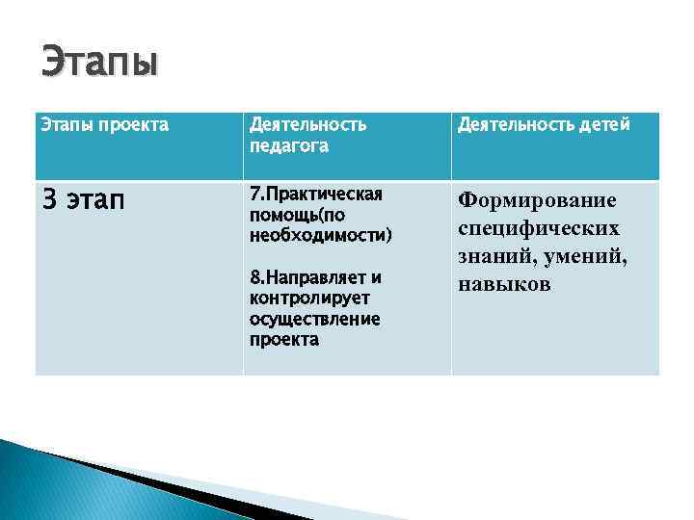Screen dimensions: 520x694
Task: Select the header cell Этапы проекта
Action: coord(103,125)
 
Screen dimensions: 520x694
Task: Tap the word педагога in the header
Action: coord(288,146)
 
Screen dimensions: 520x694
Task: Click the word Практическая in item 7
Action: coord(322,194)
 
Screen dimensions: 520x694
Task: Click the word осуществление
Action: coord(314,319)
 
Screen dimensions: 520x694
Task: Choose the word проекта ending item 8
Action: coord(283,340)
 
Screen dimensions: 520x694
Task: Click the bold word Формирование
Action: coord(537,200)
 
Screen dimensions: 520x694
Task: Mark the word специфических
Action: coord(539,228)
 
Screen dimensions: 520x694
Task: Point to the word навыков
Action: coord(504,284)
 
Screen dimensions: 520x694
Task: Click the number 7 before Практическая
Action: coord(254,194)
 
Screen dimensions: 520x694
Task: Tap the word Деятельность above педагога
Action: coord(307,125)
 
